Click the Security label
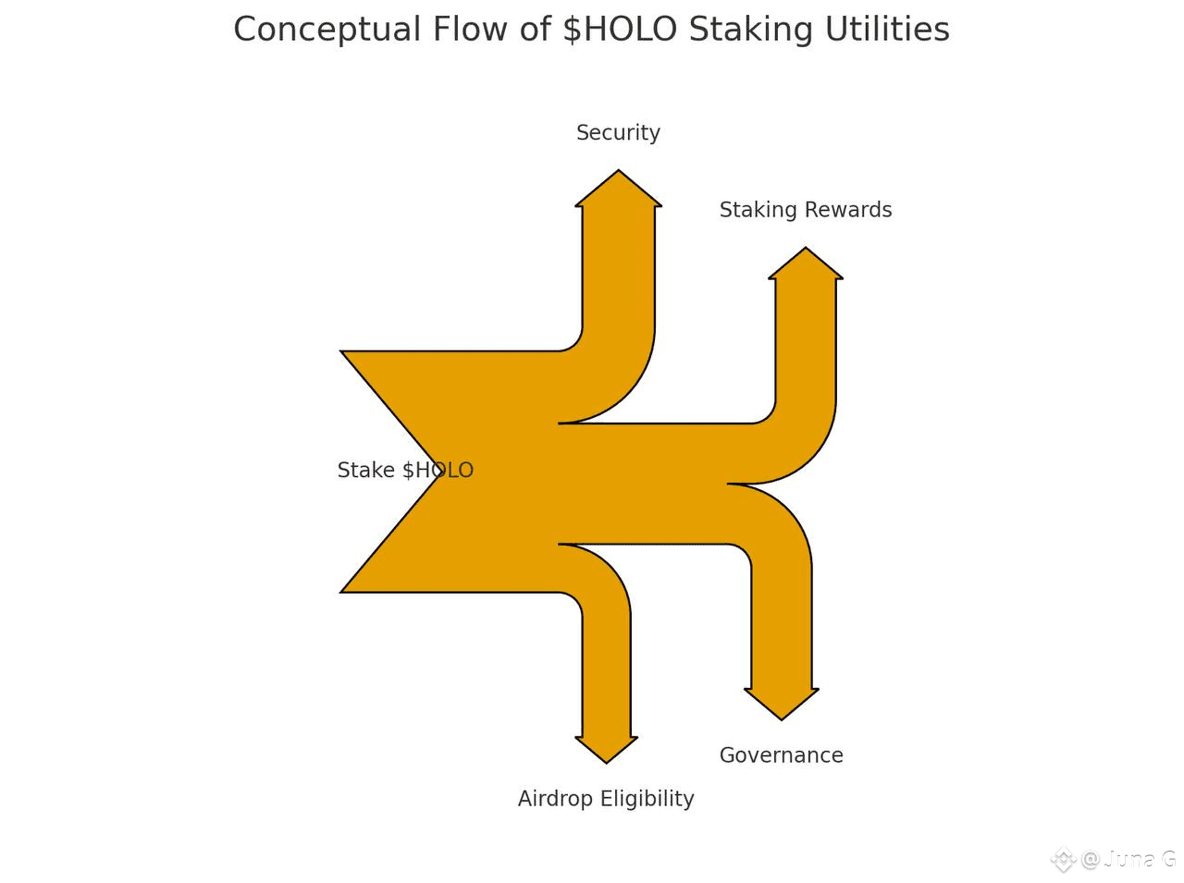(618, 133)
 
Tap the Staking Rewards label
(805, 210)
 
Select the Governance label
(781, 755)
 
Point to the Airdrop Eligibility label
(606, 799)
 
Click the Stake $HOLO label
(405, 471)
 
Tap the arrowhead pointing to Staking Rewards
(805, 264)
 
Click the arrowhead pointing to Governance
(782, 703)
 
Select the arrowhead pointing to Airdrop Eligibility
(606, 748)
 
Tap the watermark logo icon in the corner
(1063, 860)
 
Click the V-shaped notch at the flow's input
(439, 471)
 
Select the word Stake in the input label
(367, 471)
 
